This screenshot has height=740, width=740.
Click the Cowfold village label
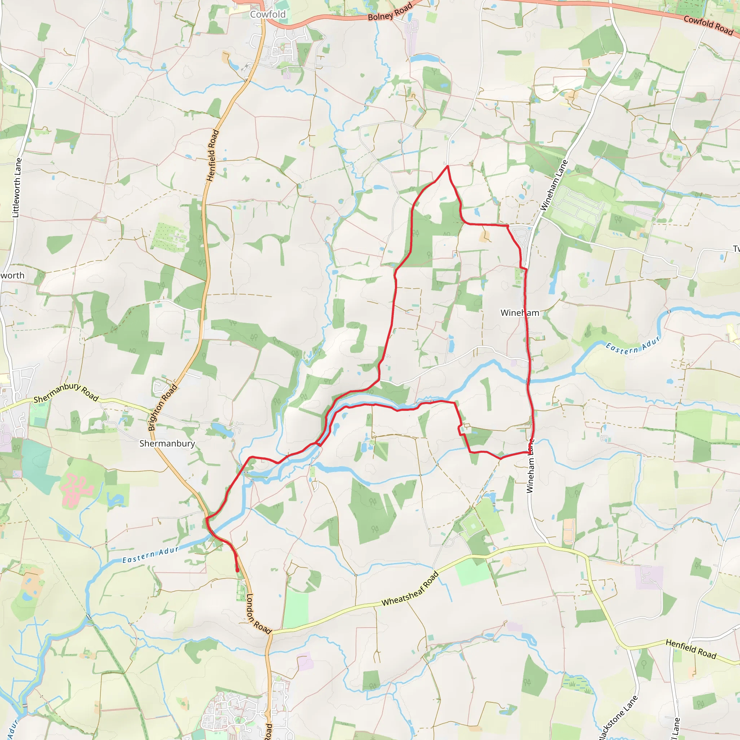coord(268,14)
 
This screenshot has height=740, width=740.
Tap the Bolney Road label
coord(390,12)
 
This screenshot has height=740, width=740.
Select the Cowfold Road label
coord(708,25)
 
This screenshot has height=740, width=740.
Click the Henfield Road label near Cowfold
coord(213,155)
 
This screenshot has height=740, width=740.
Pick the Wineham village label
coord(520,313)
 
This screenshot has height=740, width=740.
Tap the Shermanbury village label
coord(167,444)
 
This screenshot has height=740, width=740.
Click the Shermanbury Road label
coord(66,393)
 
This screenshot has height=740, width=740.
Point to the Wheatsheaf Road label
coord(410,589)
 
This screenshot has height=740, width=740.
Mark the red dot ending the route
coord(237,570)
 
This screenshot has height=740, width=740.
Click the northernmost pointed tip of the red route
coord(447,166)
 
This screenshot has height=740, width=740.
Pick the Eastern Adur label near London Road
coord(151,555)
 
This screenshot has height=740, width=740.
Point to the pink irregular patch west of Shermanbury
coord(76,489)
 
